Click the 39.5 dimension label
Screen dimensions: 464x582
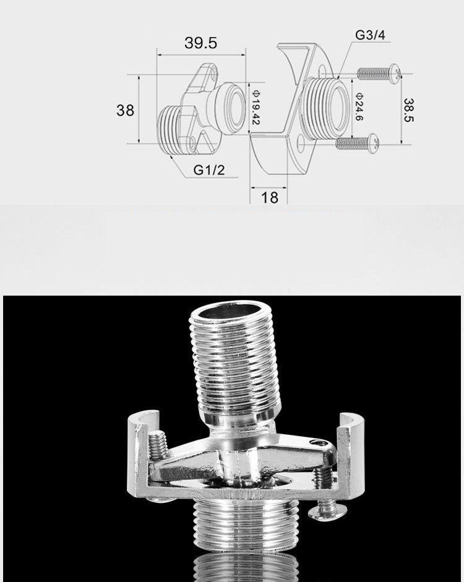click(200, 43)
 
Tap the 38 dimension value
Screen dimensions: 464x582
click(125, 110)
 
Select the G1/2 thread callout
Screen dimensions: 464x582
click(209, 170)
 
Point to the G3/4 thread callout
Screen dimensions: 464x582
click(370, 35)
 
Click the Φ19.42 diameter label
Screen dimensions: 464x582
click(256, 107)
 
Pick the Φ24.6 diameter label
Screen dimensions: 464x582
click(359, 106)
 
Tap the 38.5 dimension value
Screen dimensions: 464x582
click(408, 110)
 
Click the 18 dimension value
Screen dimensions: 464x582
click(270, 197)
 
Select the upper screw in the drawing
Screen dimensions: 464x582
click(379, 73)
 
